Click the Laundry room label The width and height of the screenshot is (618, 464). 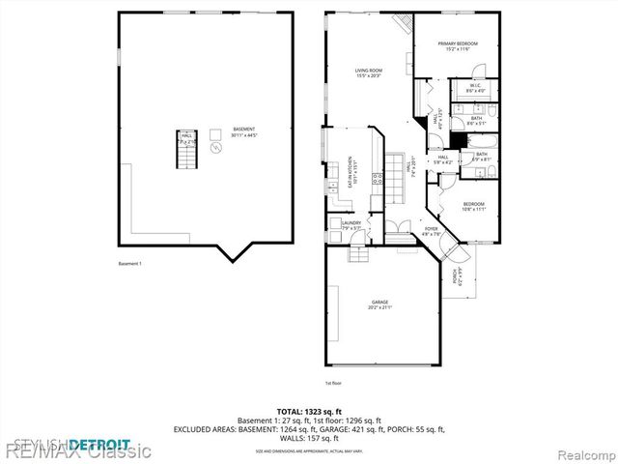pos(351,225)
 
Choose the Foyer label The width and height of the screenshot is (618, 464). pos(431,231)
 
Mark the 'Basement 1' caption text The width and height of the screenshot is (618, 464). pos(128,263)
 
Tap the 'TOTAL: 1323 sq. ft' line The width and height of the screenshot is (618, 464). pos(308,410)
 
